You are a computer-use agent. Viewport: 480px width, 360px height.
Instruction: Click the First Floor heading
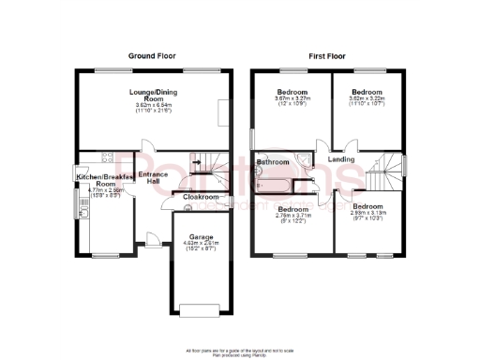(x=328, y=56)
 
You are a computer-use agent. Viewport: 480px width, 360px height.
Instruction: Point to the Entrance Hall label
(x=152, y=179)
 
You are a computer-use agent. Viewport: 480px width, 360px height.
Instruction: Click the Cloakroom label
(x=200, y=197)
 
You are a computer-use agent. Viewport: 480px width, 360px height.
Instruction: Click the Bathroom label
(x=272, y=162)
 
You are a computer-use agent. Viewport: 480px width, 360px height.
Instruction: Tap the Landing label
(x=341, y=159)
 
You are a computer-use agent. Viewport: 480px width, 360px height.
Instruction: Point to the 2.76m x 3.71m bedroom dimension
(x=292, y=217)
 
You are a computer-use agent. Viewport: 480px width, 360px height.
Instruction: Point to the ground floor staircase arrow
(x=195, y=163)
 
